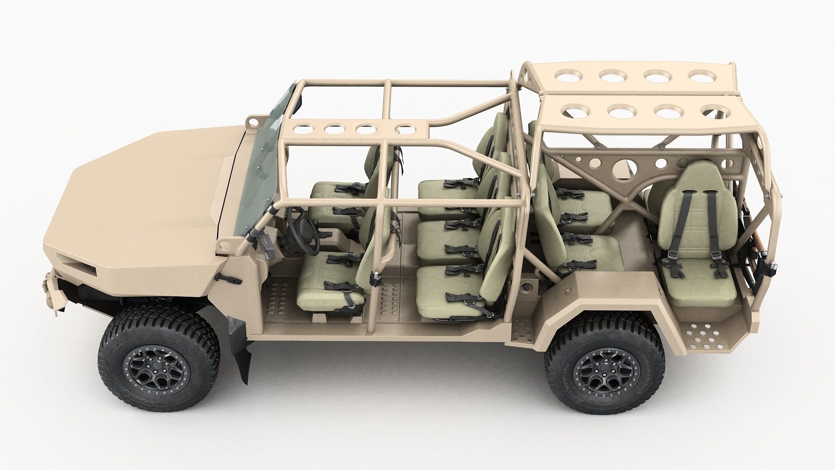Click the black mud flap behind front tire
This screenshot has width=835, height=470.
point(242,348)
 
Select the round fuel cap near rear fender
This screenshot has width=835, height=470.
point(527,287)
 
